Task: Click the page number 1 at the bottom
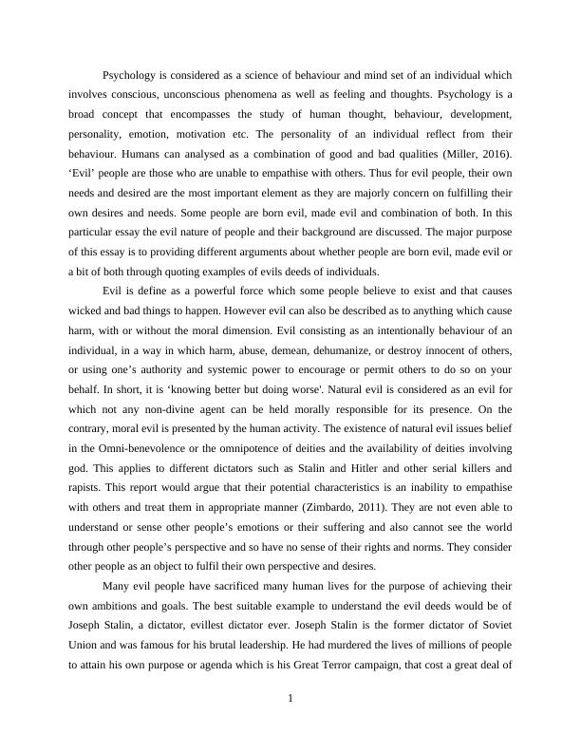(x=290, y=700)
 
